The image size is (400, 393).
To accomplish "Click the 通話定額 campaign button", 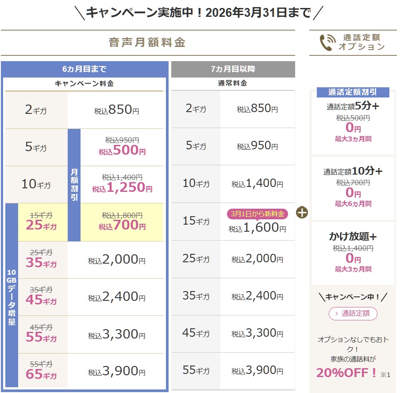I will [x=353, y=314].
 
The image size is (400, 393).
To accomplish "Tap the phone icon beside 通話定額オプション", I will [x=326, y=43].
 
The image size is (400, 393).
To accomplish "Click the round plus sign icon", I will [x=302, y=213].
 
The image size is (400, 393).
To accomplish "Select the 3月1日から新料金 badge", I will [x=258, y=214].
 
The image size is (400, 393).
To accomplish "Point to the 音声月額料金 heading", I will [x=147, y=43].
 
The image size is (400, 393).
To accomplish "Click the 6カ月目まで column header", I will [x=85, y=69].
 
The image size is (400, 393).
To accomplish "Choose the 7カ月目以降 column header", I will [x=233, y=69].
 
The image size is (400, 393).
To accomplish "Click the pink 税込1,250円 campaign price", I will [x=122, y=188].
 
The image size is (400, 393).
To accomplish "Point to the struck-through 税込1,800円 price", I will [x=122, y=215].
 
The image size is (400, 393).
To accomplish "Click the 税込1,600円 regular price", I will [x=258, y=228].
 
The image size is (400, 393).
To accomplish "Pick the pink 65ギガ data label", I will [x=41, y=375].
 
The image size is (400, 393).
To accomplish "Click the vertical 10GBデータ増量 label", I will [x=12, y=297].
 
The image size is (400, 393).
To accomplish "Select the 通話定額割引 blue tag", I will [x=353, y=92].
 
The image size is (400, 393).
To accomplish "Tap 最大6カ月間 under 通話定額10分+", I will [x=353, y=204].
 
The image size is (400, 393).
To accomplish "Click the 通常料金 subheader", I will [x=233, y=83].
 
